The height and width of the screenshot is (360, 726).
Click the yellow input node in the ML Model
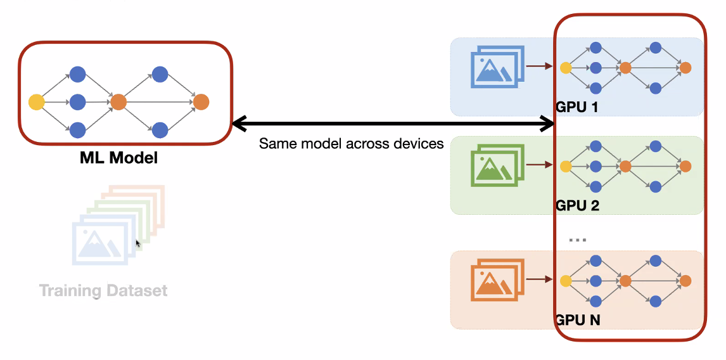click(x=37, y=101)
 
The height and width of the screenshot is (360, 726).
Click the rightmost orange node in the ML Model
click(x=201, y=101)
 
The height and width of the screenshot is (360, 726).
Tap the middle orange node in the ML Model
click(x=118, y=101)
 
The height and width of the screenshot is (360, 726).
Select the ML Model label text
click(x=118, y=158)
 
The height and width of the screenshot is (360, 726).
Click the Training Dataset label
click(x=103, y=291)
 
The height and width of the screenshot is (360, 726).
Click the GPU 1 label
click(x=577, y=107)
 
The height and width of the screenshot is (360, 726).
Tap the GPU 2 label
click(x=577, y=205)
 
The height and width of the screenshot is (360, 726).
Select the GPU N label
click(x=577, y=320)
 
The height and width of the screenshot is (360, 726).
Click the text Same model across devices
click(x=351, y=144)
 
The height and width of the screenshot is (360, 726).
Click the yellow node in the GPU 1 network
click(x=566, y=68)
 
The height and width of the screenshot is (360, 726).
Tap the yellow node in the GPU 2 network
click(x=566, y=167)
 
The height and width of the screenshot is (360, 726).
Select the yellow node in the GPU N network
click(x=566, y=281)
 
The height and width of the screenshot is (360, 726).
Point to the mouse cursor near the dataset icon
click(x=138, y=243)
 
